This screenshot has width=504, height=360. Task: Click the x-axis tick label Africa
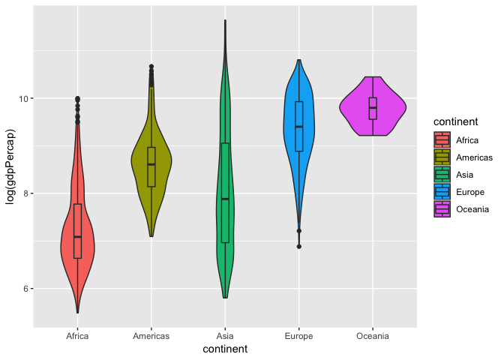coord(77,336)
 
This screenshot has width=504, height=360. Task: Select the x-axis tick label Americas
coord(151,336)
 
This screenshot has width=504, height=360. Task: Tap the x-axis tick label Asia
coord(225,336)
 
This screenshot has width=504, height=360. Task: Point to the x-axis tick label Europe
coord(299,336)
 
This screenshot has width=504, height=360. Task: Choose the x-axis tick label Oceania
coord(373,336)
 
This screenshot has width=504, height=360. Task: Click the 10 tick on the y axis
coord(22,98)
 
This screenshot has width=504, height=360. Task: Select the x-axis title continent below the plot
coord(225,349)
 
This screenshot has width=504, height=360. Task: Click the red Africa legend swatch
coord(442,139)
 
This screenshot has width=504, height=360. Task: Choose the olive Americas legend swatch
coord(442,157)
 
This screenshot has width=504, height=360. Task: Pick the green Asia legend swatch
coord(442,175)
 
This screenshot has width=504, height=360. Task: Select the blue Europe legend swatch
coord(442,192)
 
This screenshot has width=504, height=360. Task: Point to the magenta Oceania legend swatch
coord(442,209)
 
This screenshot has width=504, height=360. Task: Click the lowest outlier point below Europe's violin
coord(299,246)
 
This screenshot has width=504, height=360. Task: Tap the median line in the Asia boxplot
coord(225,199)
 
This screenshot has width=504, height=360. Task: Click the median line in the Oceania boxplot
coord(373,108)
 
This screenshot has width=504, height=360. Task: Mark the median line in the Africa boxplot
coord(77,237)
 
